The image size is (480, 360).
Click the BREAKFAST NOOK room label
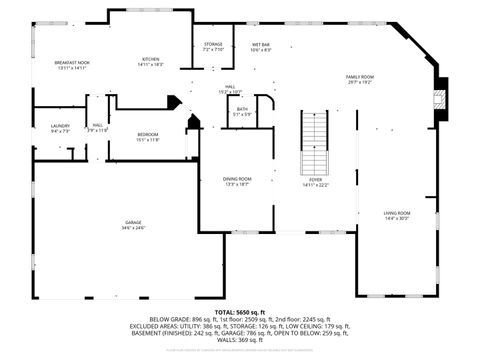tap(71, 62)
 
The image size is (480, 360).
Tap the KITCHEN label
tap(150, 59)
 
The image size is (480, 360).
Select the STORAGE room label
tap(213, 44)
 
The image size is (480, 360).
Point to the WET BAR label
tap(260, 44)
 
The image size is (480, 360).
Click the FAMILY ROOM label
tap(360, 77)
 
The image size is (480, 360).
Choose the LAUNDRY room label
tap(59, 125)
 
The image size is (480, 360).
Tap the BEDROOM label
tap(147, 134)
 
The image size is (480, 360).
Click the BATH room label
tap(242, 110)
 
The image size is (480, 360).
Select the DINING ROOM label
tap(237, 178)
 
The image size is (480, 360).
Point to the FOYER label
tap(315, 179)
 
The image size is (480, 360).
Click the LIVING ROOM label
tap(397, 213)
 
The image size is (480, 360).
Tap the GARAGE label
tap(133, 222)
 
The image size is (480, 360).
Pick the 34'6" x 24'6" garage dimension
tap(133, 228)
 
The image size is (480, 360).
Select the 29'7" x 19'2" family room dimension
tap(360, 83)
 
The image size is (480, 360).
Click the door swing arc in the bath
tap(265, 103)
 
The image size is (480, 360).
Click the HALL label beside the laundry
tap(98, 125)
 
